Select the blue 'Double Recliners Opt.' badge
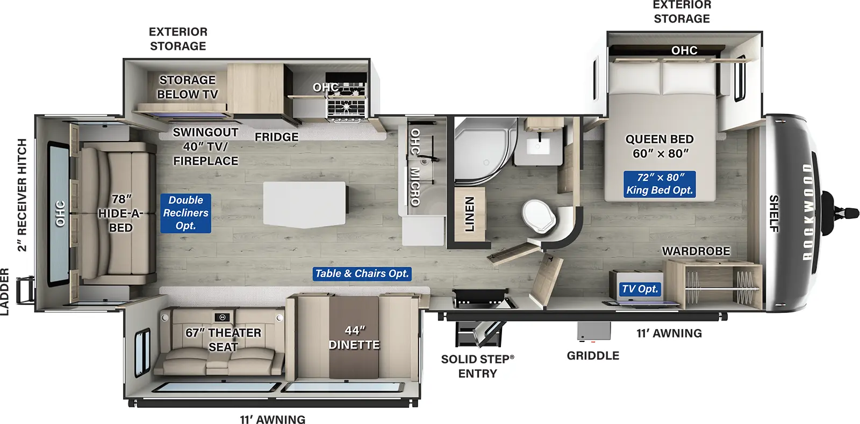(x=185, y=213)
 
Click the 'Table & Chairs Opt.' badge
(x=362, y=274)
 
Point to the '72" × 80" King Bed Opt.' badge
(x=660, y=184)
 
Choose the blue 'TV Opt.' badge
(x=640, y=289)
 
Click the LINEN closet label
(x=469, y=214)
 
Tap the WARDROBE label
(x=696, y=251)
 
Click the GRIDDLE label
(x=593, y=356)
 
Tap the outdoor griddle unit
(x=594, y=331)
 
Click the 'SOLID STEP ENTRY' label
(x=477, y=366)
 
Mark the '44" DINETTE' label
(x=354, y=338)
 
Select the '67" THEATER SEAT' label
(x=223, y=340)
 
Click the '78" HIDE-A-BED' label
(x=120, y=214)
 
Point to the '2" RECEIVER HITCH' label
(x=21, y=195)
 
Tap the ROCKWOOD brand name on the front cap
(x=808, y=212)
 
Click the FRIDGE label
(x=276, y=137)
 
